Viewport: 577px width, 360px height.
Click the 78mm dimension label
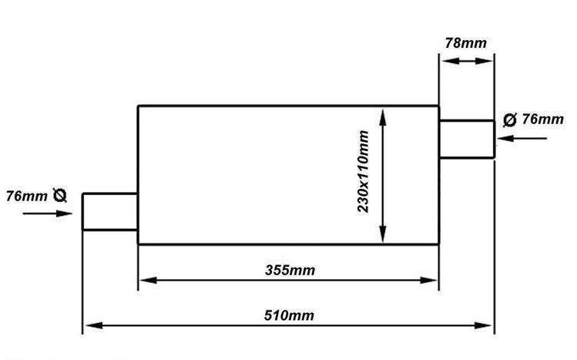[x=465, y=43]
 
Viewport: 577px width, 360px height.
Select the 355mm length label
[x=290, y=270]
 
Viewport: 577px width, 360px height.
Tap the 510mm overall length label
[x=289, y=315]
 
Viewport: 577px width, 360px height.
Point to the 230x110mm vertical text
[x=363, y=171]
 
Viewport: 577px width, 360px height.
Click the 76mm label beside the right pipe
[x=543, y=119]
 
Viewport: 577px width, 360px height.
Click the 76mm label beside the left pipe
[x=26, y=196]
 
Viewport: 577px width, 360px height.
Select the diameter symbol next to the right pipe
[x=510, y=119]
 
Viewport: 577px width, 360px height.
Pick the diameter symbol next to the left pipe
[x=59, y=195]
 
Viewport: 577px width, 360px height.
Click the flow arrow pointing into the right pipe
[x=522, y=139]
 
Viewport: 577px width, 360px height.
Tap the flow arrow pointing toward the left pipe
[x=48, y=213]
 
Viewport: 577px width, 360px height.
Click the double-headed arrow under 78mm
[x=467, y=61]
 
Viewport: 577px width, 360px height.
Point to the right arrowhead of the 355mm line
[x=428, y=280]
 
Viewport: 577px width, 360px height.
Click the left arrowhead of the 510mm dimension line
[x=94, y=325]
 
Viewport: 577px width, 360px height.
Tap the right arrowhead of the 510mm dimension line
[x=482, y=325]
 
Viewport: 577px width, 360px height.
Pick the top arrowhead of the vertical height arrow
[x=383, y=117]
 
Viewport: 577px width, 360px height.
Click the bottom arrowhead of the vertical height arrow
[x=383, y=234]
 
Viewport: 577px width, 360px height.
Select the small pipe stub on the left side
[x=110, y=212]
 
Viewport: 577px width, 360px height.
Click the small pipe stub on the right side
[x=467, y=139]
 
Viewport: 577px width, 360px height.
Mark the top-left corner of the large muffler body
[x=138, y=106]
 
